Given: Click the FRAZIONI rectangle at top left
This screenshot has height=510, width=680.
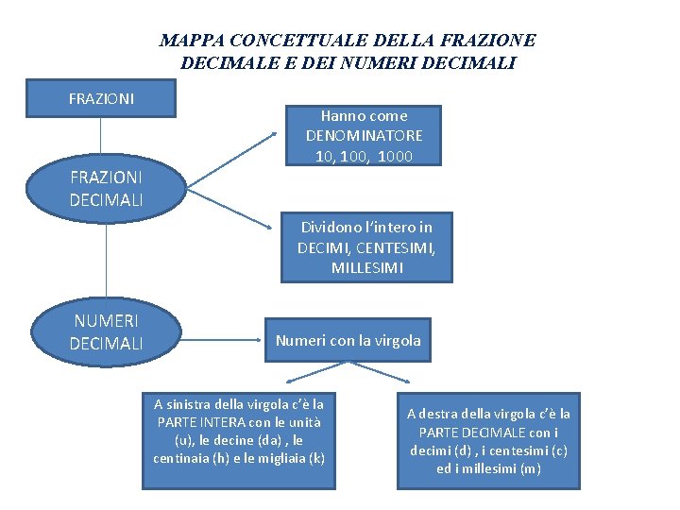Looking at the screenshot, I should [101, 98].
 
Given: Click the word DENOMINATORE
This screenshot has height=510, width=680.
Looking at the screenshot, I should [364, 136].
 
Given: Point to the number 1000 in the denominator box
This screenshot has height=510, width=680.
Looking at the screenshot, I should [395, 156].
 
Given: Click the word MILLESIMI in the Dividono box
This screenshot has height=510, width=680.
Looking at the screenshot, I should [366, 268].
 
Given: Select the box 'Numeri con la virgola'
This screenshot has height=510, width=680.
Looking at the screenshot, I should [348, 340].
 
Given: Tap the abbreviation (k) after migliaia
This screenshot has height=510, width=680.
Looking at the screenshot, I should [316, 458].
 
